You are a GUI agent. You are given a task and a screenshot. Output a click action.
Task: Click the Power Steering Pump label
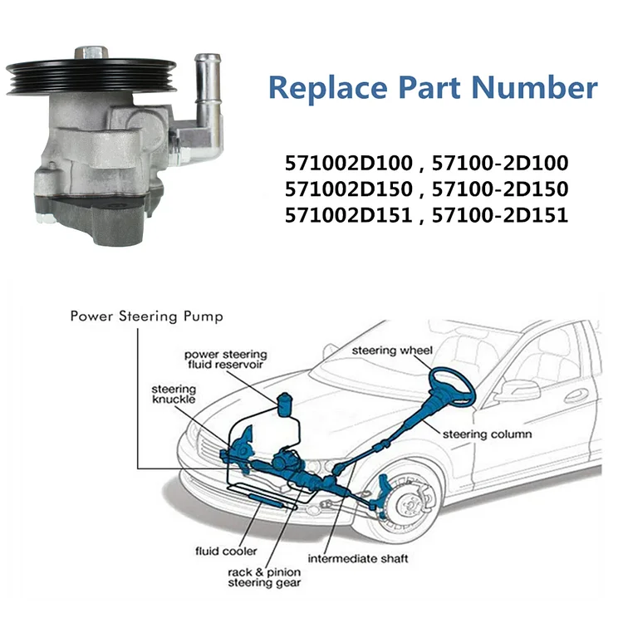tap(146, 316)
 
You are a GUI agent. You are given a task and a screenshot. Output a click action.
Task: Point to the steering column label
tap(487, 434)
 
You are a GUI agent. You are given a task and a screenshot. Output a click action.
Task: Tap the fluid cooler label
tap(225, 551)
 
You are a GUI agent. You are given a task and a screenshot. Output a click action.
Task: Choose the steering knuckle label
tap(173, 395)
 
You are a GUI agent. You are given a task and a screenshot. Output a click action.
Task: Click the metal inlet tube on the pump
tap(206, 88)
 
